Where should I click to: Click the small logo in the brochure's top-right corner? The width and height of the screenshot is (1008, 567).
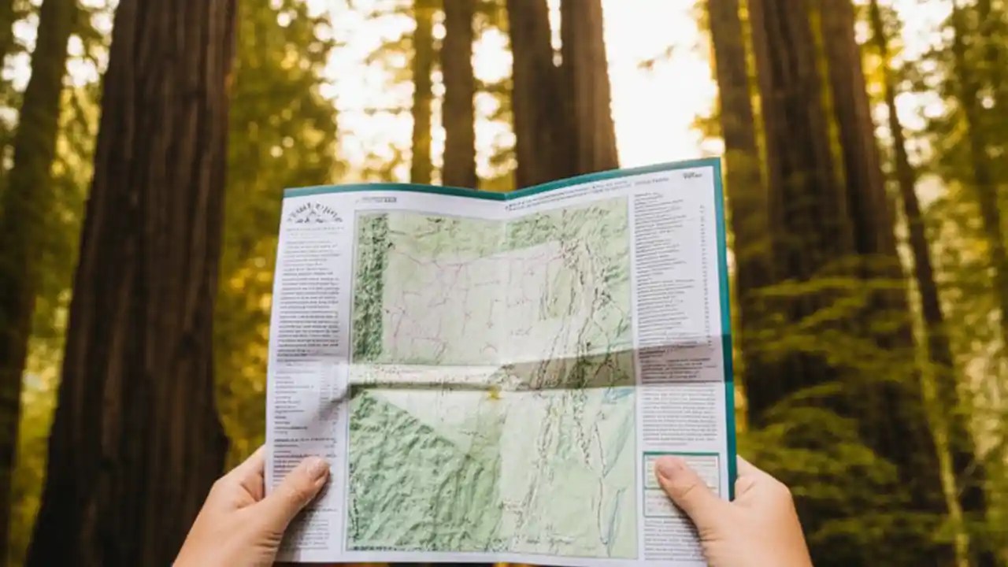(691, 175)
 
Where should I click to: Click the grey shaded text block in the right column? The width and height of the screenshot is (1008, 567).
(679, 365)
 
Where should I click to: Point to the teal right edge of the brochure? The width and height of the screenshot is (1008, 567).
(725, 315)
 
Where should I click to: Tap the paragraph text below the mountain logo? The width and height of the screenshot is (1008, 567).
(309, 291)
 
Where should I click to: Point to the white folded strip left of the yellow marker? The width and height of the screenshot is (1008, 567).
(417, 376)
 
